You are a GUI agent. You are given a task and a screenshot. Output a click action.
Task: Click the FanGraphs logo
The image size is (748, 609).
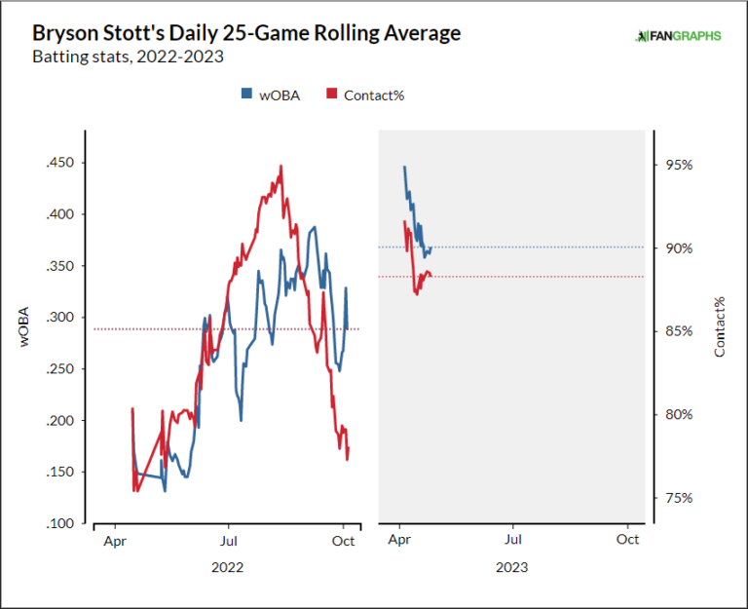tap(678, 36)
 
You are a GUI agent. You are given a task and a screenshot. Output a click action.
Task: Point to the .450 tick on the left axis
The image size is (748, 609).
tap(60, 163)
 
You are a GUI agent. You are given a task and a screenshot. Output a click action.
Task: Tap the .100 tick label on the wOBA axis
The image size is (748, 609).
tap(60, 524)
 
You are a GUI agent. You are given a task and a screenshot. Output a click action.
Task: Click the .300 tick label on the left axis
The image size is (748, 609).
tap(60, 318)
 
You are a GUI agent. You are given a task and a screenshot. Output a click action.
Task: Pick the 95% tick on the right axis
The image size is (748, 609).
tap(678, 166)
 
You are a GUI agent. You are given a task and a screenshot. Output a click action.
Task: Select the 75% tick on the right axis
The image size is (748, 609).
tap(678, 498)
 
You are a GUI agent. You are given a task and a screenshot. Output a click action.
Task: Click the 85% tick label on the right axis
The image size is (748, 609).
tap(678, 331)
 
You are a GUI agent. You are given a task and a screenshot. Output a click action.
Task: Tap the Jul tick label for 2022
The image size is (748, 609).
tap(228, 539)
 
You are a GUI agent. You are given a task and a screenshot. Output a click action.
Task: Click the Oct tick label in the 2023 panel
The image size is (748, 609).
tap(628, 539)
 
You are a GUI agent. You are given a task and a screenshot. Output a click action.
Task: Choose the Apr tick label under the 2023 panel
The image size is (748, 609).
tap(399, 539)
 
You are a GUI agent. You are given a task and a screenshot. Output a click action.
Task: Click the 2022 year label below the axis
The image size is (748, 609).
tap(227, 566)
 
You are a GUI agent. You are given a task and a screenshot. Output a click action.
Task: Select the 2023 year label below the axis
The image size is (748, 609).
tap(512, 566)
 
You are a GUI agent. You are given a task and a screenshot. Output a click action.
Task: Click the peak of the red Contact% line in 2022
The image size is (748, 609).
tap(280, 166)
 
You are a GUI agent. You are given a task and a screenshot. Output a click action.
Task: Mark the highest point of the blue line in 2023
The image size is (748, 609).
tap(404, 167)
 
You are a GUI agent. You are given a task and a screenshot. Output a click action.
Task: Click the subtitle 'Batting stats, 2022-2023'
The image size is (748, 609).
tap(128, 57)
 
